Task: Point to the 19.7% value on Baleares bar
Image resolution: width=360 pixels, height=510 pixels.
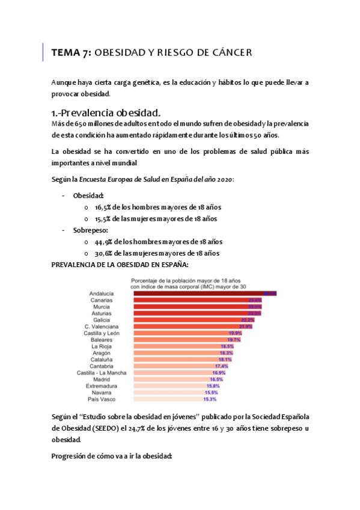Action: point(234,339)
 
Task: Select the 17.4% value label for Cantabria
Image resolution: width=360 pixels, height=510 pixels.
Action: point(221,366)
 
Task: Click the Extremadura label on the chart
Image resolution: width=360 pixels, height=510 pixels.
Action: point(106,386)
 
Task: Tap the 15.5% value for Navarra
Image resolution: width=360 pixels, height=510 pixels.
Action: point(210,392)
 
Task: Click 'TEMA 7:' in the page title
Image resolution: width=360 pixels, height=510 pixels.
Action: point(72,53)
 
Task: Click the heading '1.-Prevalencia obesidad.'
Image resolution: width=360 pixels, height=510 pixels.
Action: point(106,112)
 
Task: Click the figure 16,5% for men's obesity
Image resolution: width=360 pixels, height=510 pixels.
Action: point(104,207)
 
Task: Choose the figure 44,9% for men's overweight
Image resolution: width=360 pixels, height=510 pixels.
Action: point(105,242)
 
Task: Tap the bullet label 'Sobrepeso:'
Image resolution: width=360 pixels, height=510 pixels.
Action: point(90,230)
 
